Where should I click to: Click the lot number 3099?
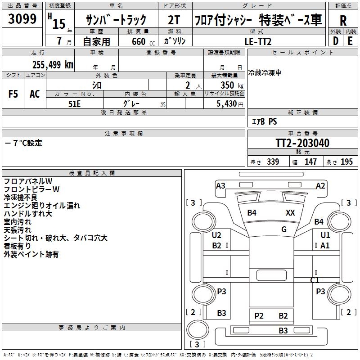click(22, 18)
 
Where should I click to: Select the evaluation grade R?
click(343, 20)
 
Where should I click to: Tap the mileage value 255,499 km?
click(53, 65)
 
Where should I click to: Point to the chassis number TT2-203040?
click(302, 144)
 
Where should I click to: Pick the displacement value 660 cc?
click(139, 41)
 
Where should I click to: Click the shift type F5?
click(13, 94)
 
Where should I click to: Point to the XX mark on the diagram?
click(290, 213)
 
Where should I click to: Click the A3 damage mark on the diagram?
click(220, 185)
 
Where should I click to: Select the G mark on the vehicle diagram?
click(284, 229)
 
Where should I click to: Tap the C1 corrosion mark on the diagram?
click(315, 280)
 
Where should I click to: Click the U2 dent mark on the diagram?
click(217, 235)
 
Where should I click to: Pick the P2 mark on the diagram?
click(259, 316)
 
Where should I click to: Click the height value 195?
click(347, 162)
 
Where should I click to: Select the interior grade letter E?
click(350, 40)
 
